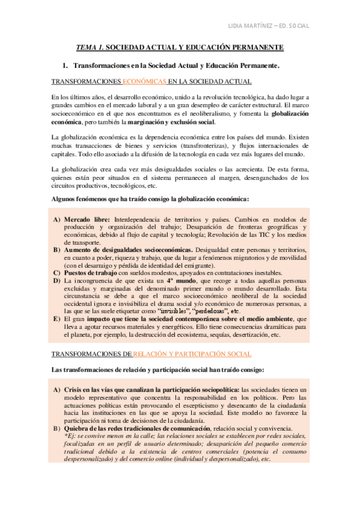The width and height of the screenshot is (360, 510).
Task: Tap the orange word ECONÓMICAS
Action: point(144,81)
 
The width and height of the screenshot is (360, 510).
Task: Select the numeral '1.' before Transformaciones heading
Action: point(66,64)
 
